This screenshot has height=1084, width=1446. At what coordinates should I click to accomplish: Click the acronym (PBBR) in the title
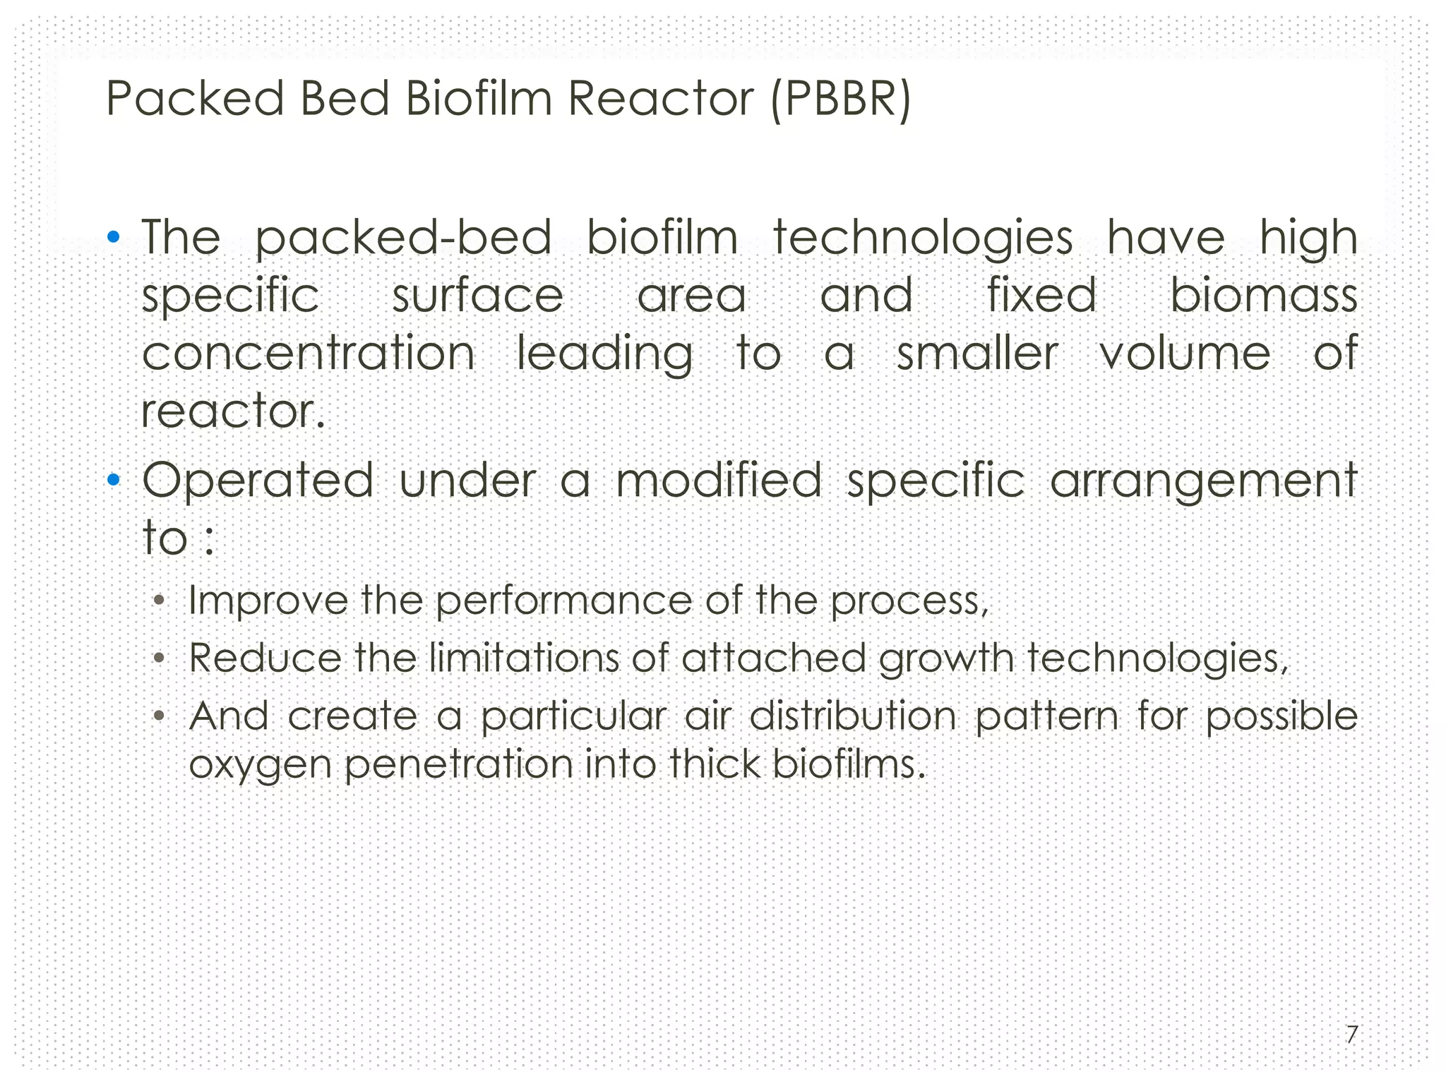(x=840, y=99)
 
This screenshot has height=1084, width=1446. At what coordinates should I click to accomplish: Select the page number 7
(x=1351, y=1035)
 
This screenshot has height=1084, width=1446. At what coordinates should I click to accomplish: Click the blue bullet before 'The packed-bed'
(x=113, y=236)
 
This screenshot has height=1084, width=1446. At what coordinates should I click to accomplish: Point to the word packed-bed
(x=402, y=238)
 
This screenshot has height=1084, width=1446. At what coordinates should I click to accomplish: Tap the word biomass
(x=1264, y=295)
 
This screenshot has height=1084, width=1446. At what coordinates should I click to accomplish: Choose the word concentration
(x=309, y=353)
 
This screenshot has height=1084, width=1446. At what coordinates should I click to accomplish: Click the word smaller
(x=977, y=353)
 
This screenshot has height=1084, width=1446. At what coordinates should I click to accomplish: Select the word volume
(x=1185, y=353)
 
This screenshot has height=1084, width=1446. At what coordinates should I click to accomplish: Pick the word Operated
(x=258, y=481)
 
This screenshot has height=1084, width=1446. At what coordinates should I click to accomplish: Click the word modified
(x=719, y=481)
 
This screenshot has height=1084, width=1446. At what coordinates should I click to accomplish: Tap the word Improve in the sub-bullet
(x=268, y=601)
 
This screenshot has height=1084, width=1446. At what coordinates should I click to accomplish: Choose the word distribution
(x=852, y=716)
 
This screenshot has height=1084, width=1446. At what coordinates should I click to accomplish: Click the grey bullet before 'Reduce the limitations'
(x=160, y=659)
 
